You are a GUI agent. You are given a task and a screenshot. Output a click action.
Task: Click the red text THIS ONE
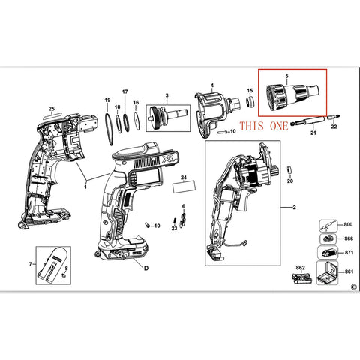pos(264,126)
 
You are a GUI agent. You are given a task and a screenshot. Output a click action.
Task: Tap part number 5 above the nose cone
pos(286,76)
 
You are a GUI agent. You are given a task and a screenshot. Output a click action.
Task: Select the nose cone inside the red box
pos(292,95)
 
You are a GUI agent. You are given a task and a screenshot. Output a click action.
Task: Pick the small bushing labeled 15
pos(250,102)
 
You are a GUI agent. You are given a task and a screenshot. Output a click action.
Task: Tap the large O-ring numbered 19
pos(109,129)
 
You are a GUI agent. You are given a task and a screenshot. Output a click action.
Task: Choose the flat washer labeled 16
pos(136,121)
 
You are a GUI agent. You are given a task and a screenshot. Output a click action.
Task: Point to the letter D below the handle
pos(146,268)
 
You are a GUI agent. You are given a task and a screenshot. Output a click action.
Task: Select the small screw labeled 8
pos(64,274)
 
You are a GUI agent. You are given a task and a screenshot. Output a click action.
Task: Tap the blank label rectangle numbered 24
pos(184,187)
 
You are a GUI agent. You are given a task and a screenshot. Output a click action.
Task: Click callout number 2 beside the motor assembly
pos(294,208)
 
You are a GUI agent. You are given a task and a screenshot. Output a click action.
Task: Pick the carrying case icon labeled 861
pos(327,273)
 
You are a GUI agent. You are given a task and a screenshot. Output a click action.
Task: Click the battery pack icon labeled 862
pos(302,278)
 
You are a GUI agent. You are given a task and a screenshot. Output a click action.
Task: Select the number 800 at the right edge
pos(348,225)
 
